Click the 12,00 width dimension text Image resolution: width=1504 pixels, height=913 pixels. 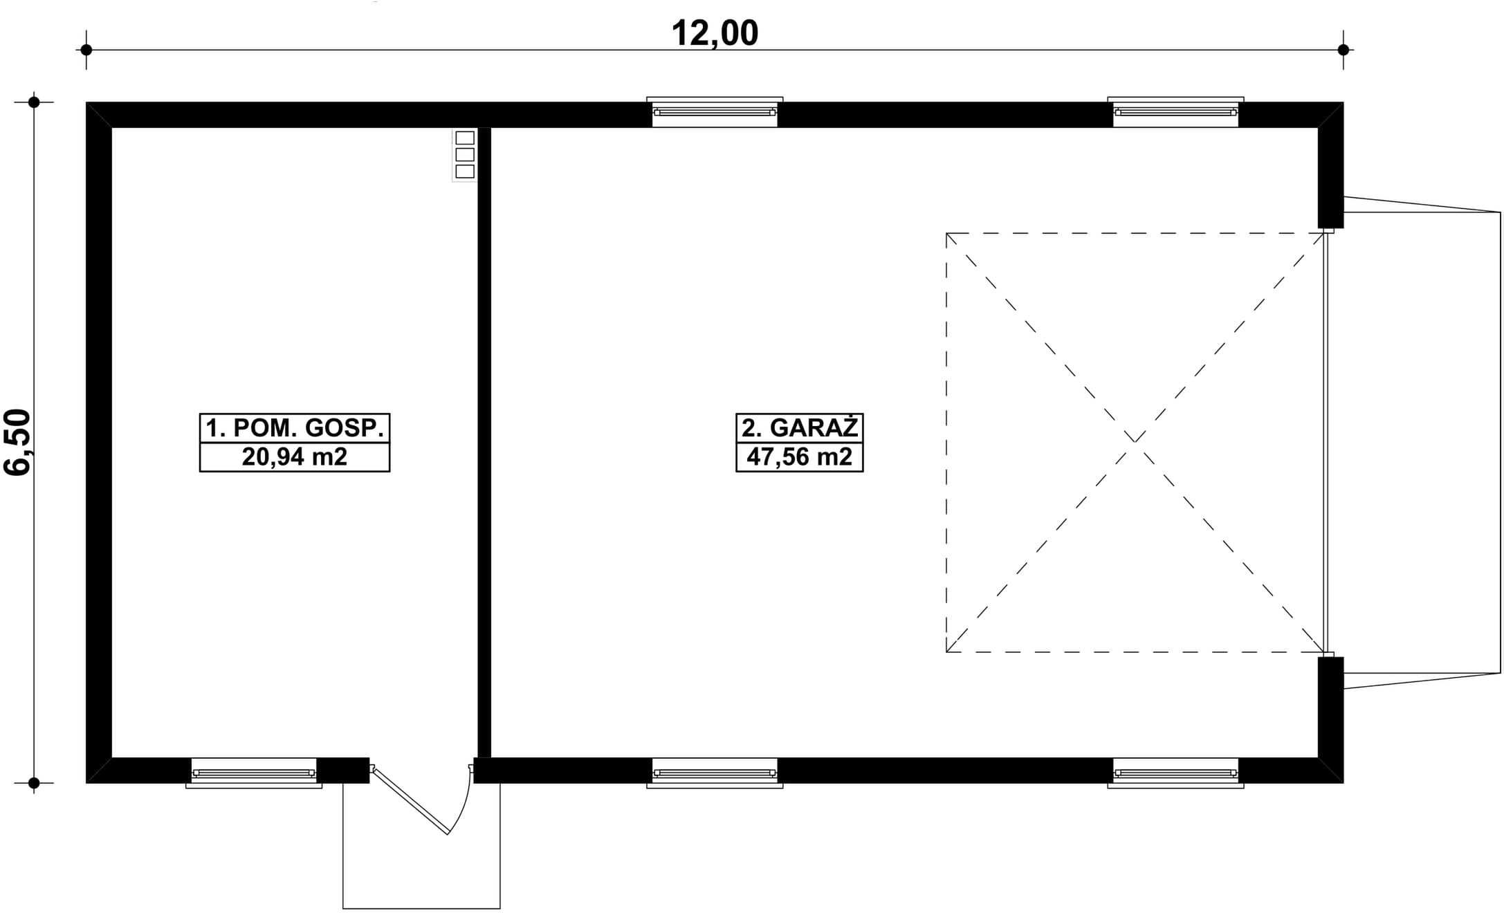point(715,33)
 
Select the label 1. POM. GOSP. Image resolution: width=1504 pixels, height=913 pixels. point(295,428)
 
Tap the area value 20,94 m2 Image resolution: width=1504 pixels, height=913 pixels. point(295,457)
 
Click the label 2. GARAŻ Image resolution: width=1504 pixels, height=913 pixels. point(799,428)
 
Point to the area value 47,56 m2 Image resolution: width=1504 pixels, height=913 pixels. point(799,457)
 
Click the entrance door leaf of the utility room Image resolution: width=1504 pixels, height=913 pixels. point(410,800)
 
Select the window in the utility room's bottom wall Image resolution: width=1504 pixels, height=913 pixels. point(254,772)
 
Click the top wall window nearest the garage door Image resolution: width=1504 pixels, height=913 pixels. point(1175,112)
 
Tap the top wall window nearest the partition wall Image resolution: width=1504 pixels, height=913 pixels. point(715,112)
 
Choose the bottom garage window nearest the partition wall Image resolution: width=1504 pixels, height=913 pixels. point(715,772)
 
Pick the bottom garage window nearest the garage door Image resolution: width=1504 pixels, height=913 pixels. point(1175,772)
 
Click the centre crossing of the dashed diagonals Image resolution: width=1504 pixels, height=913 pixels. point(1135,442)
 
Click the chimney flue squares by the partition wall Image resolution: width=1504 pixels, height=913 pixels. point(465,154)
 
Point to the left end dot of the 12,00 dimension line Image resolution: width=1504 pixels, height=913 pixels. point(86,50)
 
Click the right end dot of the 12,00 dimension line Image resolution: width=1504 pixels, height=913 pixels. point(1343,50)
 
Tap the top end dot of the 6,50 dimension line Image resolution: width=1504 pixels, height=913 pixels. point(34,102)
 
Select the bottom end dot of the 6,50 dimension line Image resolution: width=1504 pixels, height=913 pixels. point(34,783)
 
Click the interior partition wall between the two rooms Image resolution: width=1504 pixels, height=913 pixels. point(484,443)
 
